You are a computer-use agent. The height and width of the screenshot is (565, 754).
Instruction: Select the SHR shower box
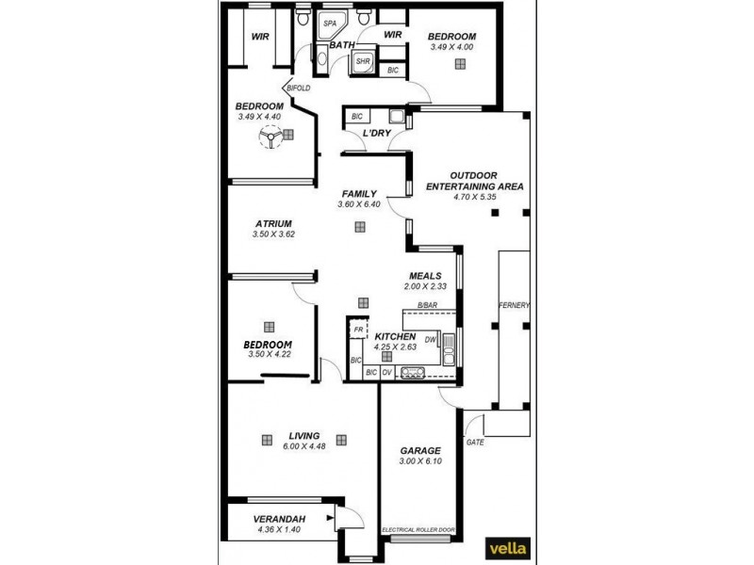click(362, 62)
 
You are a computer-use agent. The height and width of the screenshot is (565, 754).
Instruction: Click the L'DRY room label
click(377, 134)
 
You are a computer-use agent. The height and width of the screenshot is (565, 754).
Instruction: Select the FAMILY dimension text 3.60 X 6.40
click(359, 204)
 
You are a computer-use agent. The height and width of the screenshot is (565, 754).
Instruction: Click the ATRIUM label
click(273, 224)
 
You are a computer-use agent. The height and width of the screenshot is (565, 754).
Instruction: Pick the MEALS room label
click(426, 275)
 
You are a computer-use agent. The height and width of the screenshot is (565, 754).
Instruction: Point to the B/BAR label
click(428, 305)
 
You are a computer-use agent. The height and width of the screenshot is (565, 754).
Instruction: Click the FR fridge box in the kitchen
click(358, 331)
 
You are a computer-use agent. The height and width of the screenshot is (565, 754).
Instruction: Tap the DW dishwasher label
click(430, 340)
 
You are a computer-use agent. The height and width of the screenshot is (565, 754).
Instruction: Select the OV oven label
click(386, 372)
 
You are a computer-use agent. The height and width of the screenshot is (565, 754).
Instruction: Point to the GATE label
click(475, 442)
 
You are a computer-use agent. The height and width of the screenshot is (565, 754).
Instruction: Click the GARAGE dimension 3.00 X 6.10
click(420, 461)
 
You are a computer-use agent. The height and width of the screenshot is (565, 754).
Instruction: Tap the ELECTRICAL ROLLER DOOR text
click(418, 530)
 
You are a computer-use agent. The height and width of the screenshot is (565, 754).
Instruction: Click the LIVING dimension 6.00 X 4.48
click(303, 446)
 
